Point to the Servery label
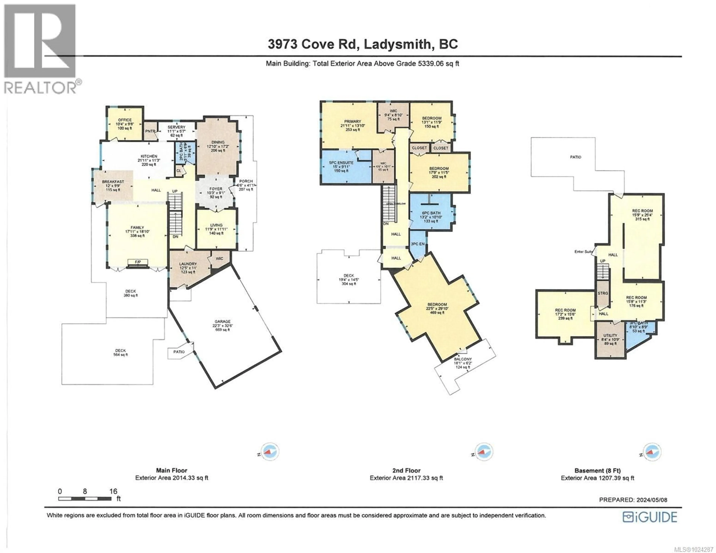[x=176, y=127]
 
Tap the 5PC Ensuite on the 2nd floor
[x=341, y=166]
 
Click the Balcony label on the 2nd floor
[x=463, y=359]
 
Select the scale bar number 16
[x=113, y=491]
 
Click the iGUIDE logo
[x=649, y=517]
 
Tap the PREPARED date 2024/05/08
[x=633, y=500]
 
